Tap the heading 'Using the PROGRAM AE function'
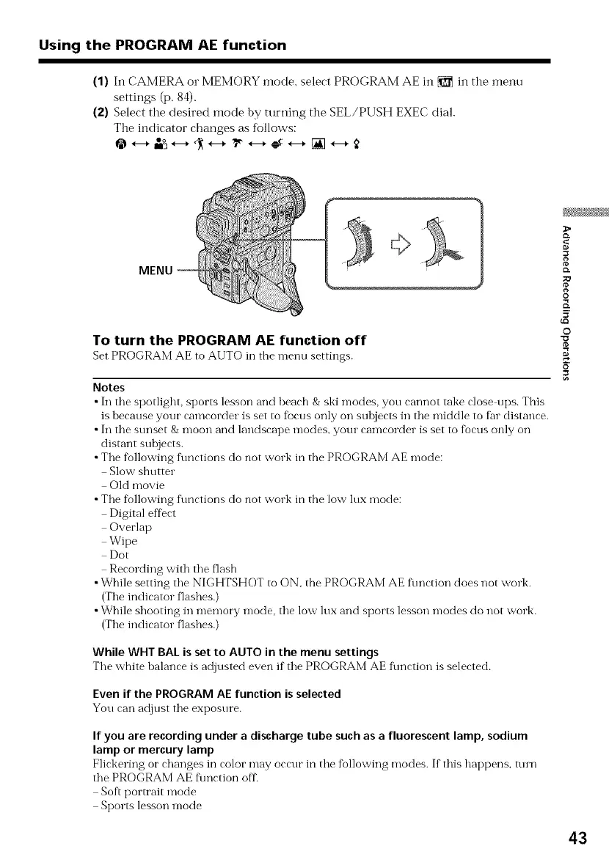pyautogui.click(x=163, y=45)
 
